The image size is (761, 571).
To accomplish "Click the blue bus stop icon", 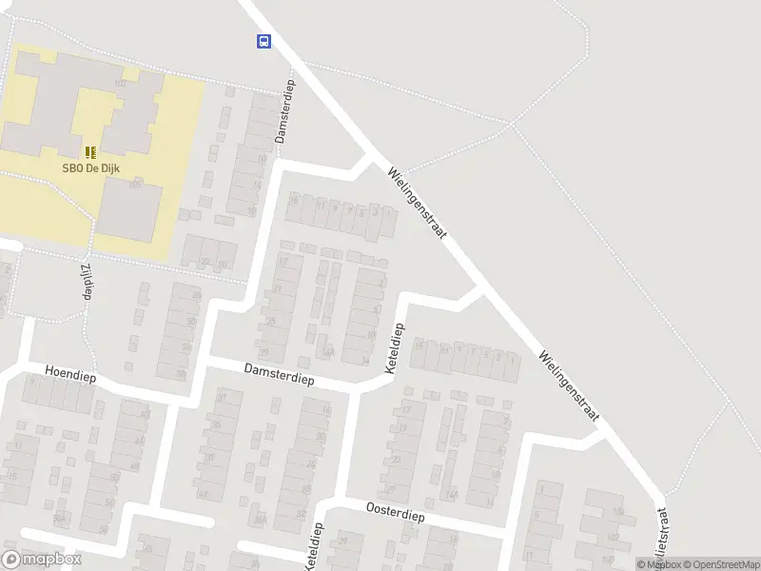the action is click(x=263, y=41).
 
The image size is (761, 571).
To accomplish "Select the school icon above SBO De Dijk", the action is click(x=90, y=152).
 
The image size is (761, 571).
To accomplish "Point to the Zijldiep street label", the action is click(x=86, y=282).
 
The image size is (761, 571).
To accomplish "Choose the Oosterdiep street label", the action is click(x=394, y=510).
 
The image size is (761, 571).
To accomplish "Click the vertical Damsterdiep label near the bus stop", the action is click(x=283, y=111).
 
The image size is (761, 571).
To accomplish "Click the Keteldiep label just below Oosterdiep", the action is click(x=314, y=546).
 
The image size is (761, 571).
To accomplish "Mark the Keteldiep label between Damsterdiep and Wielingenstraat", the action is click(x=394, y=347).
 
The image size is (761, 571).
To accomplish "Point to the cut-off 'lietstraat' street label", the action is click(x=664, y=538).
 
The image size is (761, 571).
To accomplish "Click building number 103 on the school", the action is click(x=120, y=84).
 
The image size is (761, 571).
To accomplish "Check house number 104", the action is click(x=619, y=512).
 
